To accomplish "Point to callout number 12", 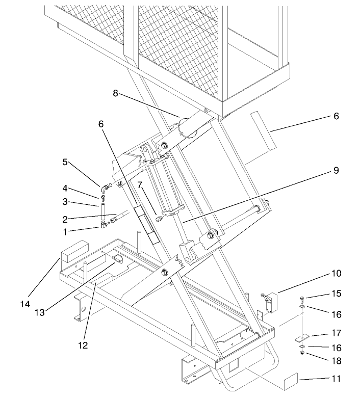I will pos(83,345).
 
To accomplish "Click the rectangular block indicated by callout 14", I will pos(74,254).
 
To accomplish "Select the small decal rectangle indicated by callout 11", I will pos(289,382).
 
